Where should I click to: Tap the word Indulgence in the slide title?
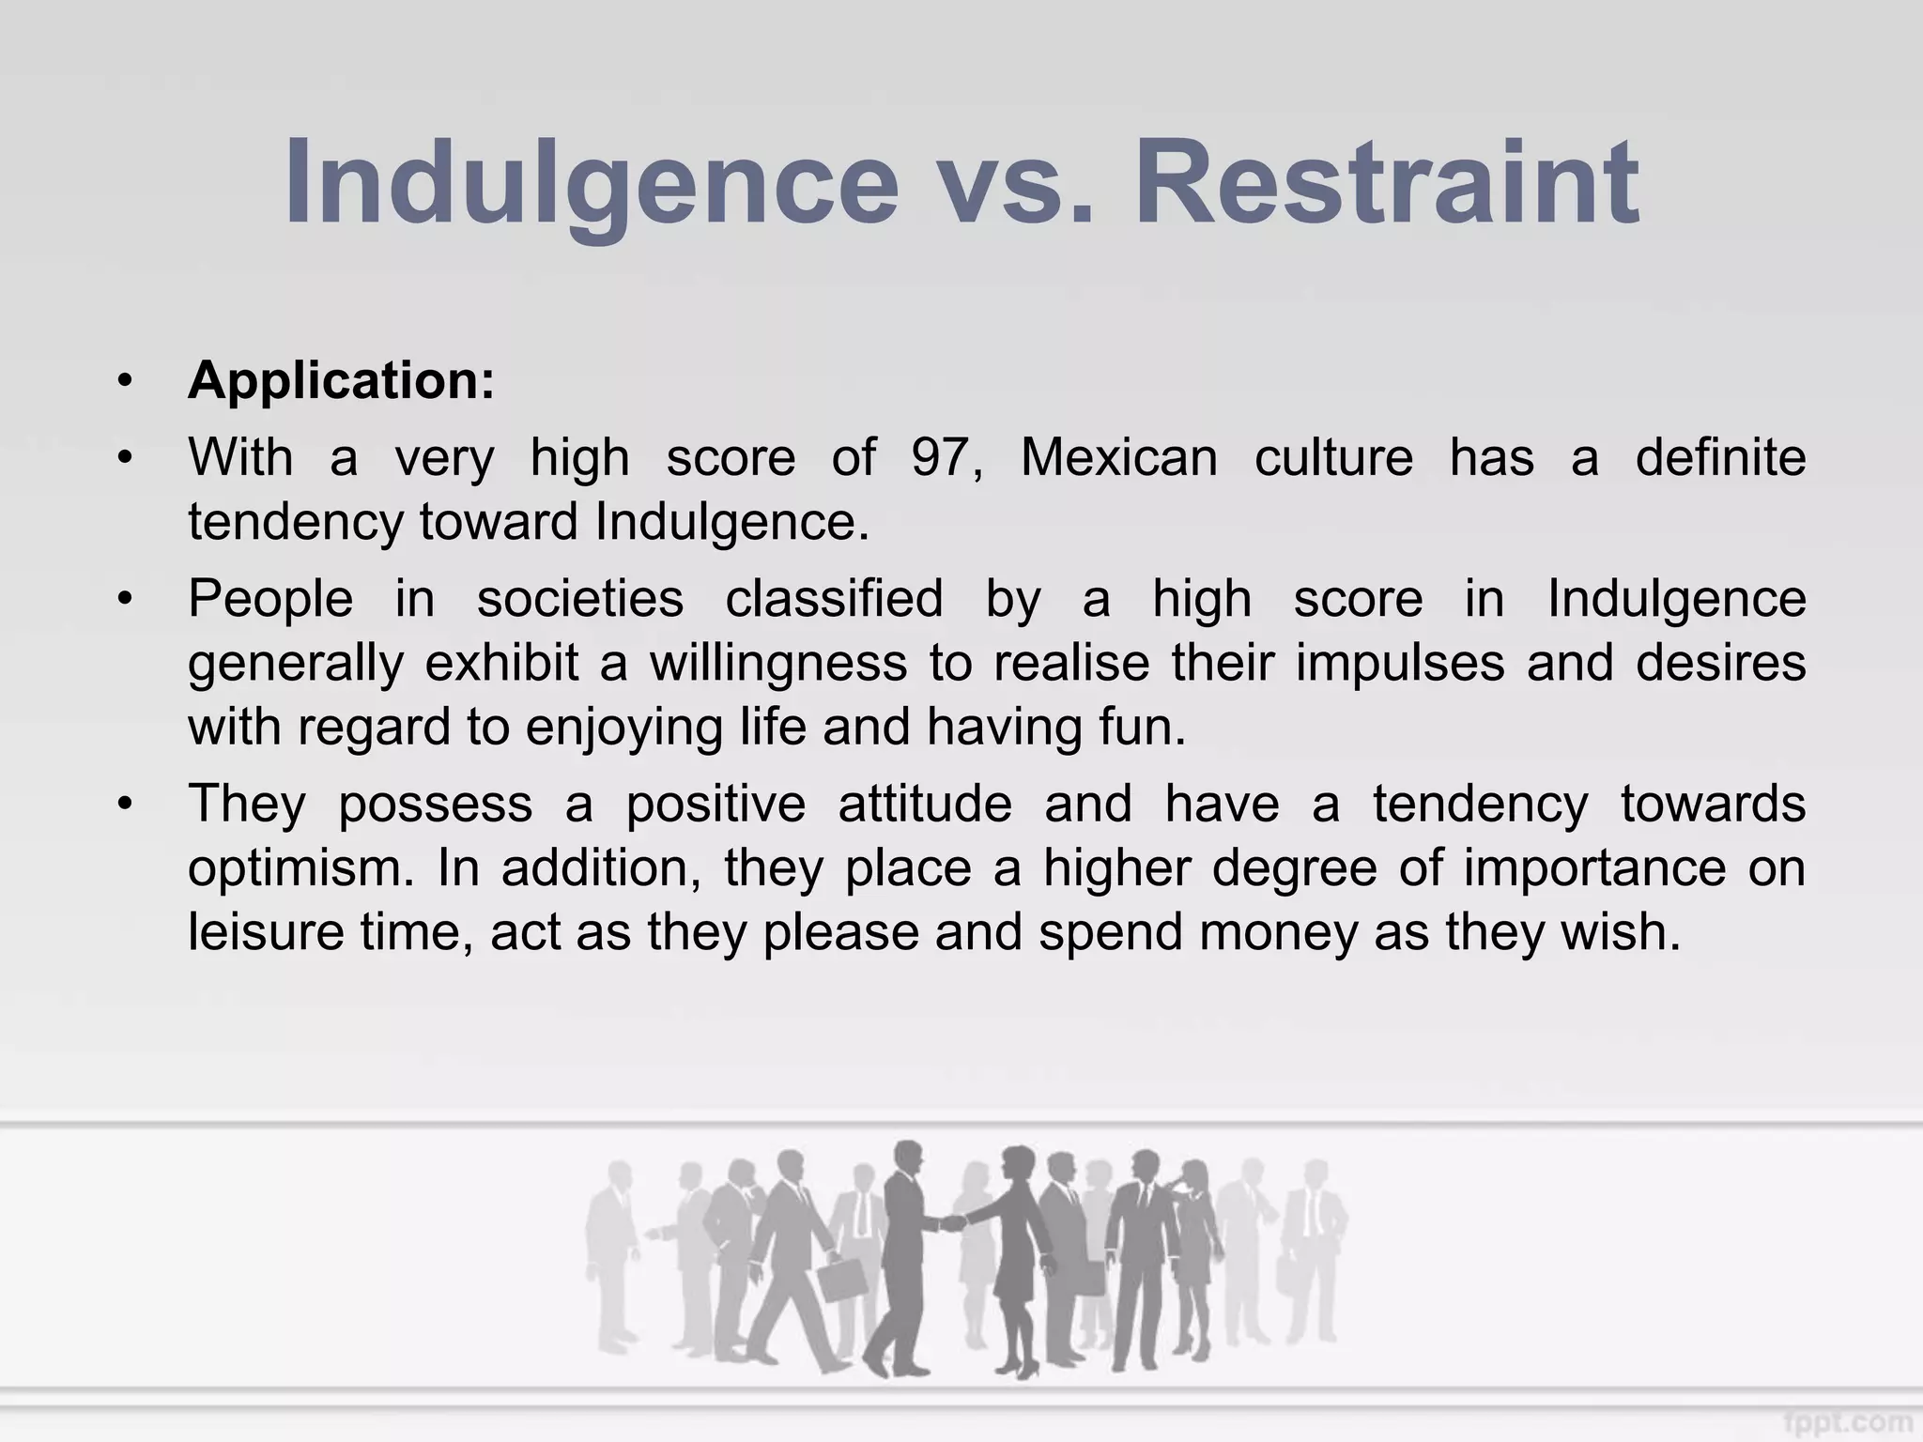coord(592,183)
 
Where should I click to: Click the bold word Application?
coord(341,381)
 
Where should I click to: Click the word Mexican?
coord(1118,458)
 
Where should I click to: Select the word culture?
coord(1333,458)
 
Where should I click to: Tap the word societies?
coord(579,599)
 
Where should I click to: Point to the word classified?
coord(834,599)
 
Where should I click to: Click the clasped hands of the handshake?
coord(952,1223)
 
